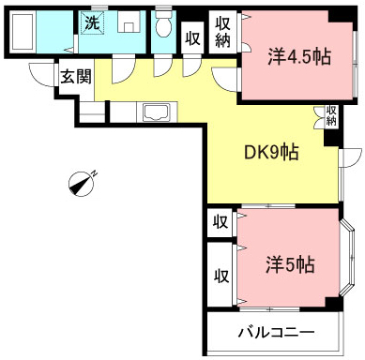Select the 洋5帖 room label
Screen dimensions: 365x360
point(288,265)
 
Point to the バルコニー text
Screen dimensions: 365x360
point(275,332)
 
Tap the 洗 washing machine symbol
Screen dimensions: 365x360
point(92,22)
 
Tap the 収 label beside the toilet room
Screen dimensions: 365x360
point(192,38)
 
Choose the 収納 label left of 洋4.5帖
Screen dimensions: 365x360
point(222,34)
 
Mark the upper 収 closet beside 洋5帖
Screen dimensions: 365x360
point(221,222)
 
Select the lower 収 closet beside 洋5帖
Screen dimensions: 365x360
point(221,276)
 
